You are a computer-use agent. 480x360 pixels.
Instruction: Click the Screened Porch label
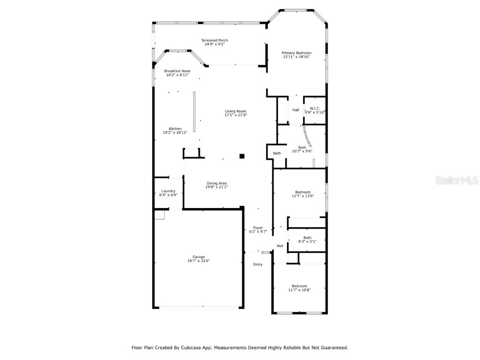(x=215, y=40)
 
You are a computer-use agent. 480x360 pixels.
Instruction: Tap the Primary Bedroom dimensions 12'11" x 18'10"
(x=296, y=57)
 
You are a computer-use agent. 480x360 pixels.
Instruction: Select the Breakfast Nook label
(x=177, y=71)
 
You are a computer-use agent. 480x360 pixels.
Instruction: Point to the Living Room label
(x=235, y=111)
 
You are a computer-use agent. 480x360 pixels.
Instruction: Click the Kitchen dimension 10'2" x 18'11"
(x=175, y=133)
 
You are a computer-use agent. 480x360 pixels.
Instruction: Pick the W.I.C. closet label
(x=315, y=108)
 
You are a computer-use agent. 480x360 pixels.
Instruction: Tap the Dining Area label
(x=217, y=183)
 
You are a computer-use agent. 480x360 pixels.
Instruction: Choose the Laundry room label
(x=168, y=191)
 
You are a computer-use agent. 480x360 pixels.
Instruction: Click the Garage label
(x=198, y=257)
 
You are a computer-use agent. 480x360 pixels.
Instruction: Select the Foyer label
(x=258, y=228)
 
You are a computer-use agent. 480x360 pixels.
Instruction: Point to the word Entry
(x=258, y=264)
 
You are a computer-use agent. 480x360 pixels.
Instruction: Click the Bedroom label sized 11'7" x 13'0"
(x=302, y=192)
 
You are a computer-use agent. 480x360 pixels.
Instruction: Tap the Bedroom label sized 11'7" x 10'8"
(x=299, y=286)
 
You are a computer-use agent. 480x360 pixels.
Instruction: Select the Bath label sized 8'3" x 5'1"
(x=307, y=238)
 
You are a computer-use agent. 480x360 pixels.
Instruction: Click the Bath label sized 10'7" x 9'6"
(x=302, y=147)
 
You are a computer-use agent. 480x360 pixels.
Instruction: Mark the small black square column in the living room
(x=242, y=156)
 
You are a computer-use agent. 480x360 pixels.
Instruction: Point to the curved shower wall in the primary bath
(x=310, y=138)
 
